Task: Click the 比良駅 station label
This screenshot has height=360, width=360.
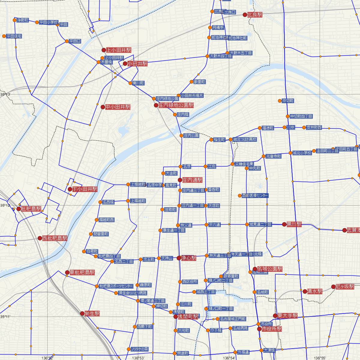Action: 255,14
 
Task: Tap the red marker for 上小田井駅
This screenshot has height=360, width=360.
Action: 104,50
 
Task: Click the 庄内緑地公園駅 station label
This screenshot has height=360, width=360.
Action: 176,105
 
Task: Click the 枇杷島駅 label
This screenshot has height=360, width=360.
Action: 31,209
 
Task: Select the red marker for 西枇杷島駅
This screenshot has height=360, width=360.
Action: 40,238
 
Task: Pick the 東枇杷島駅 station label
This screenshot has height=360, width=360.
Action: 82,272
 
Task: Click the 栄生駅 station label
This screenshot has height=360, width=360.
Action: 92,313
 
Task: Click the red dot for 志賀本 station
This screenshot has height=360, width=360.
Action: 345,230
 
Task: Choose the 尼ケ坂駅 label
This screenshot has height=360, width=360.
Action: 345,286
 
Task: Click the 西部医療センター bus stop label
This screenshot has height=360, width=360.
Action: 255,196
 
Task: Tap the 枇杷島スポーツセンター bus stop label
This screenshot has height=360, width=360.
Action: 116,286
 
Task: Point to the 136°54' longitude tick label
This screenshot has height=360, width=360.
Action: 229,358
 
